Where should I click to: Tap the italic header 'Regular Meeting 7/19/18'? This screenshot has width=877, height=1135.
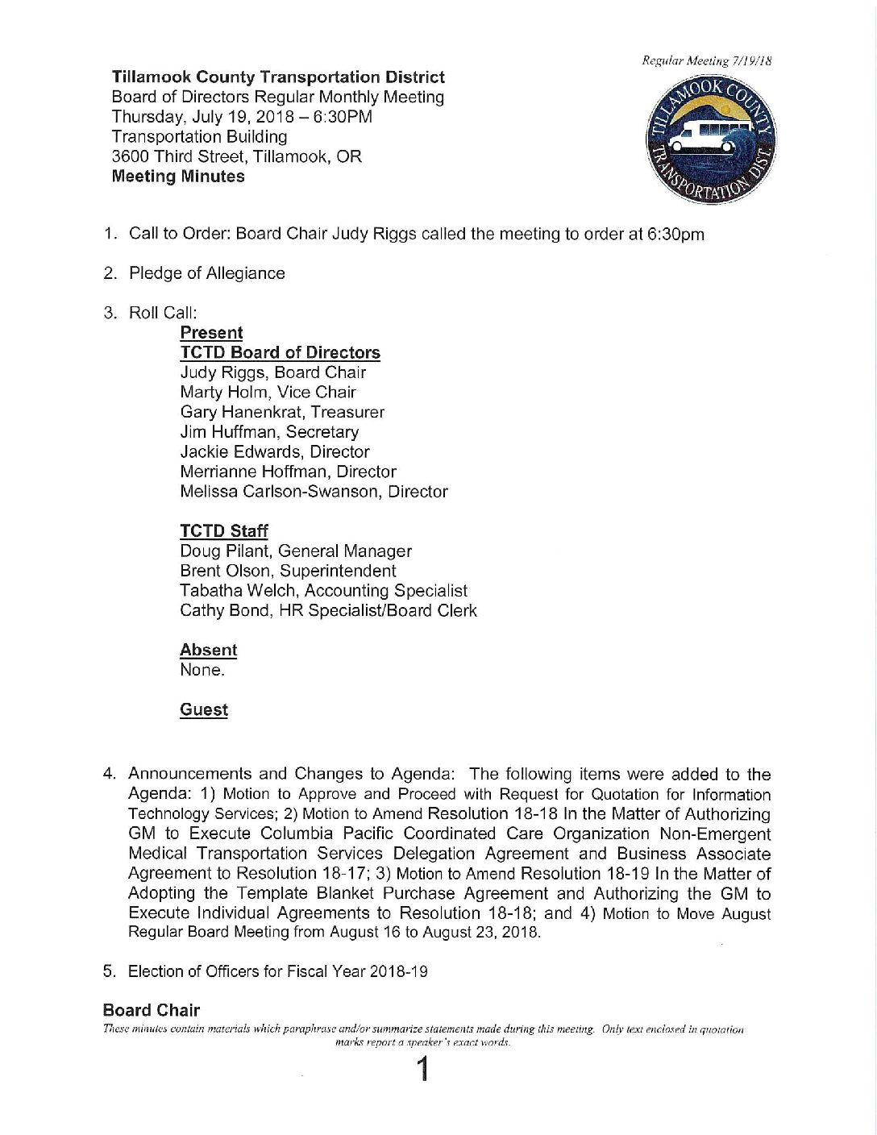tap(707, 60)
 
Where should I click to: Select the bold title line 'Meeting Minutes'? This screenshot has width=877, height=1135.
tap(178, 177)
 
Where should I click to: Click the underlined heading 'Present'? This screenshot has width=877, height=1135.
tap(211, 333)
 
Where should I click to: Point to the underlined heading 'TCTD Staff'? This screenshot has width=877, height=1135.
tap(223, 531)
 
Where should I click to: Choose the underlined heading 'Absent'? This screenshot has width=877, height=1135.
tap(208, 650)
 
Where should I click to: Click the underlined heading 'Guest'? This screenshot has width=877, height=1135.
tap(203, 709)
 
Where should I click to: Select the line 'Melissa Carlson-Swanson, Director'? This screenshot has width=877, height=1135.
tap(314, 491)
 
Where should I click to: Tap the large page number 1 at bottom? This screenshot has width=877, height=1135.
tap(421, 1070)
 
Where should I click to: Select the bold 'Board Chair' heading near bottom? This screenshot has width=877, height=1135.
tap(152, 1010)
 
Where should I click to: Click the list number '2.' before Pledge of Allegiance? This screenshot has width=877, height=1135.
tap(110, 273)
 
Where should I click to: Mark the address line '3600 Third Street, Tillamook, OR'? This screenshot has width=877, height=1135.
tap(236, 156)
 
